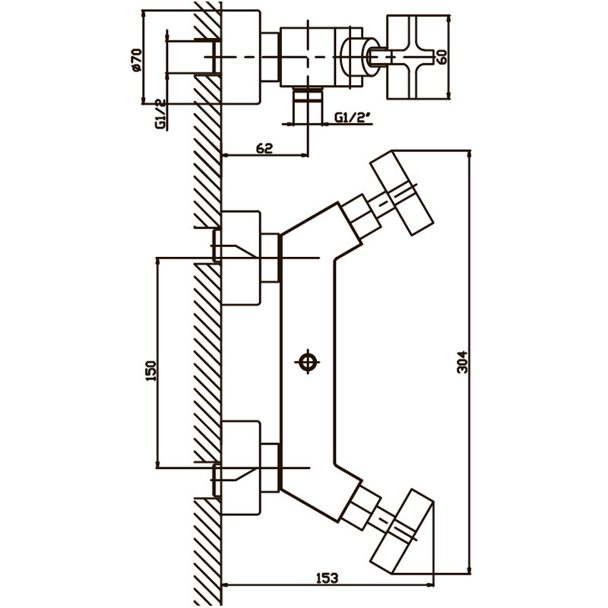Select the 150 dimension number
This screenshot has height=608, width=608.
[151, 370]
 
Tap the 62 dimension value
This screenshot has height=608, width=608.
[264, 147]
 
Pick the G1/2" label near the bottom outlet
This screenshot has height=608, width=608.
[350, 118]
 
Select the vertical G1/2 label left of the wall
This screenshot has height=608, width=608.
[160, 114]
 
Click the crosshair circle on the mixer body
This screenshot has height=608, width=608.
[308, 362]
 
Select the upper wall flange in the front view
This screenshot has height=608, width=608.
[242, 258]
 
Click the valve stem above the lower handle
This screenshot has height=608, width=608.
[359, 505]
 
